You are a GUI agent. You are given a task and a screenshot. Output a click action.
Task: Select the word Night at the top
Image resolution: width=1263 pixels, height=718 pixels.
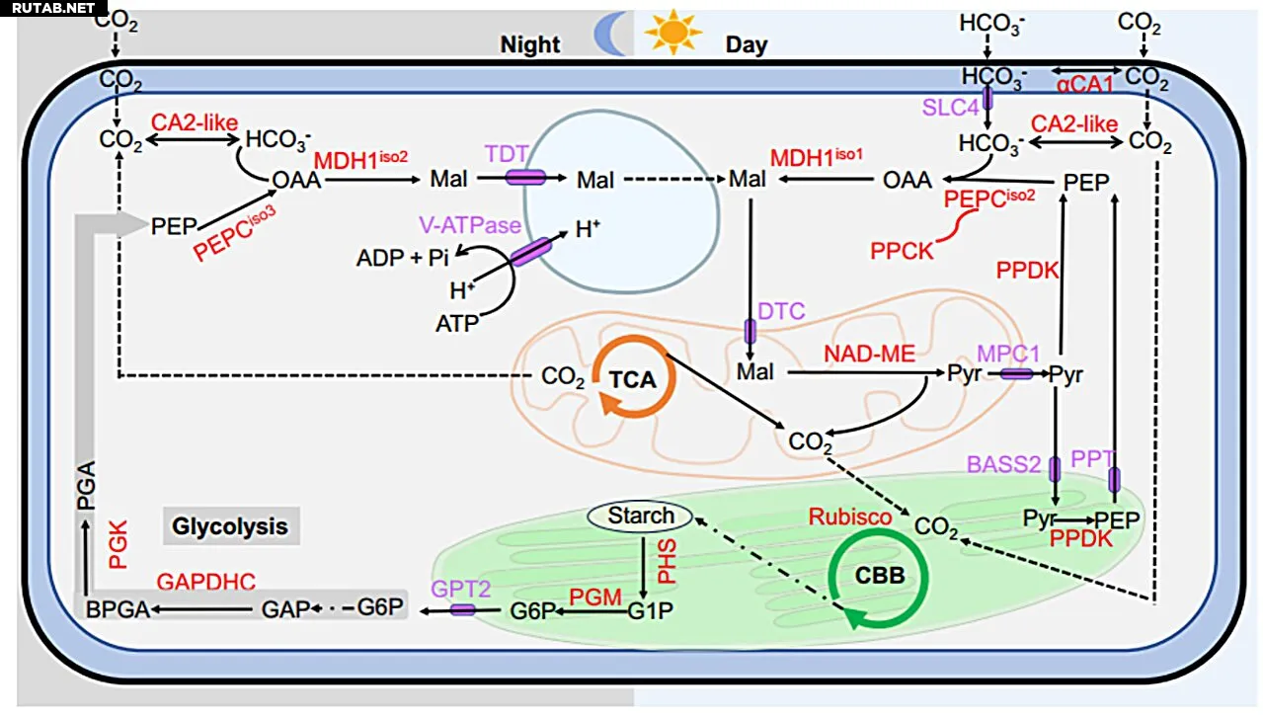coord(530,44)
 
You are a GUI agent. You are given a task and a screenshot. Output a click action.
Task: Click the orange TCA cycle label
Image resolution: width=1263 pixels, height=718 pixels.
coord(632,379)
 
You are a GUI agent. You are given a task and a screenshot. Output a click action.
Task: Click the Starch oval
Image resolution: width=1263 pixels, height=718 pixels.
coord(641,516)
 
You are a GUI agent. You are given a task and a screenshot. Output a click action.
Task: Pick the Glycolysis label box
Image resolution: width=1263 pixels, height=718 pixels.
coord(230,525)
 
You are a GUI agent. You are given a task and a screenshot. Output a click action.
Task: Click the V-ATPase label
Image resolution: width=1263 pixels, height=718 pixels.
coord(467,225)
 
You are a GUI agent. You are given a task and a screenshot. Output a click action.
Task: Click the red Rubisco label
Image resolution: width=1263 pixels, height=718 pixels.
coord(850,517)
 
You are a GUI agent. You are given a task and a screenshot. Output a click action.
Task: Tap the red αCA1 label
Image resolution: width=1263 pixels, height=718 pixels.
coord(1084,85)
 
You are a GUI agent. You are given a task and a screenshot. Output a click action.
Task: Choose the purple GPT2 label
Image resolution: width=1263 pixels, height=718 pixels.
coord(460,589)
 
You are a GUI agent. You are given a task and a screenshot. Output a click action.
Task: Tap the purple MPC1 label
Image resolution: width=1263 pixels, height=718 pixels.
coord(1009,353)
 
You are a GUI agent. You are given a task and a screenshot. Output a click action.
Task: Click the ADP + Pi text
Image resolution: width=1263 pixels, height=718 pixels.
coord(403,259)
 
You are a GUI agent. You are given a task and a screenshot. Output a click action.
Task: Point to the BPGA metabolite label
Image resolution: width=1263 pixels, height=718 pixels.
coord(118,609)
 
